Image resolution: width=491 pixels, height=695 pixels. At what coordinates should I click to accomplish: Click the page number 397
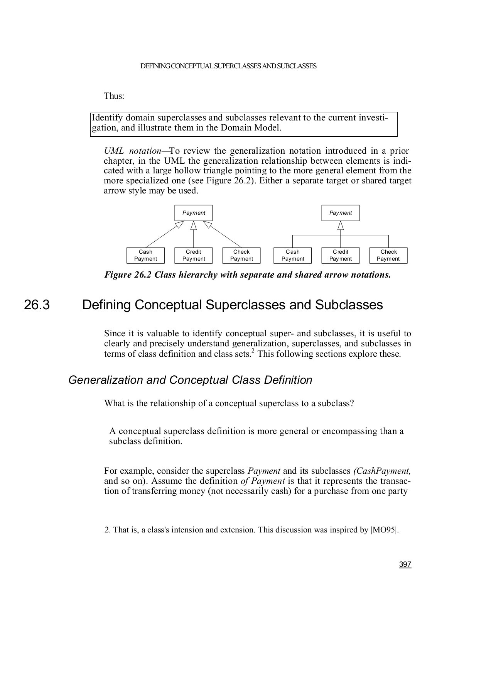405,564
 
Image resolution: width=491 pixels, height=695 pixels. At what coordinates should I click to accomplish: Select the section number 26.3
37,305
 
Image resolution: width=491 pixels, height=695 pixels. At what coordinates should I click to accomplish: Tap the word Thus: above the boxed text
114,96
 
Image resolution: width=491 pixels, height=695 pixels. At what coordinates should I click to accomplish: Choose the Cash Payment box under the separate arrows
145,256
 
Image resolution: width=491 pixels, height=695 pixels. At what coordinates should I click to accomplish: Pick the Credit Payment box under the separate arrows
194,256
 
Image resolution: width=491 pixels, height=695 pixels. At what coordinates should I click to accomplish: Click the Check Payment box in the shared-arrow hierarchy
388,256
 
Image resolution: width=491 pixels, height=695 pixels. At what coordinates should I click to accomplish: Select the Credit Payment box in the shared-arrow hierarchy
341,256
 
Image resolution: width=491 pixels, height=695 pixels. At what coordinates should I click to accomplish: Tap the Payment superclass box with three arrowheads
193,213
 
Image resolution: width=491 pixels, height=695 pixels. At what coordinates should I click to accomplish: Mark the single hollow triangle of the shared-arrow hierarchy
341,225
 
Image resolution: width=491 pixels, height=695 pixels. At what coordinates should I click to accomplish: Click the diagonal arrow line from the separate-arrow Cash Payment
162,237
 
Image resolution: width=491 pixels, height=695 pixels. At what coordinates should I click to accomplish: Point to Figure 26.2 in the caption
128,275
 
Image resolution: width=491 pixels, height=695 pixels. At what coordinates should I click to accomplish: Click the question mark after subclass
352,404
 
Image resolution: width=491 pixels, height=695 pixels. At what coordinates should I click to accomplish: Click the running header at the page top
228,66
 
